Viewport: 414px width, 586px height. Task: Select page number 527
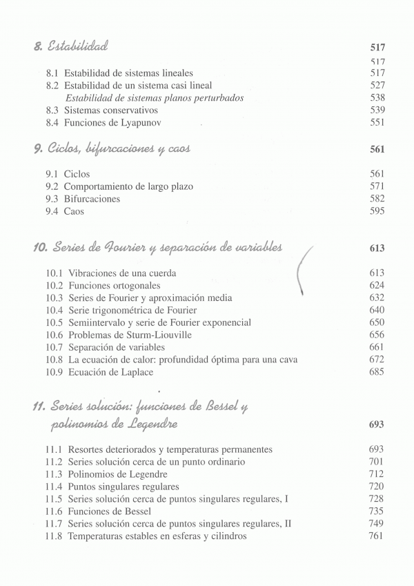coord(377,85)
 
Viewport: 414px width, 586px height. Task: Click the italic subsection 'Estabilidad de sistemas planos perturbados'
coord(154,98)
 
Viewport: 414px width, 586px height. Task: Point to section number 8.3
coord(52,110)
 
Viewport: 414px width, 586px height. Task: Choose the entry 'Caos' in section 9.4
coord(74,211)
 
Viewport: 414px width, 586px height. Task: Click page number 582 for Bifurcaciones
coord(377,199)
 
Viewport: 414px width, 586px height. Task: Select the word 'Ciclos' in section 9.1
coord(77,174)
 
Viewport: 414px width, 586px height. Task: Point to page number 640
coord(377,311)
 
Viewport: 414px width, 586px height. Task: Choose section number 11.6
coord(55,511)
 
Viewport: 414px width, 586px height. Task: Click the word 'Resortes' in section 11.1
coord(88,449)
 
